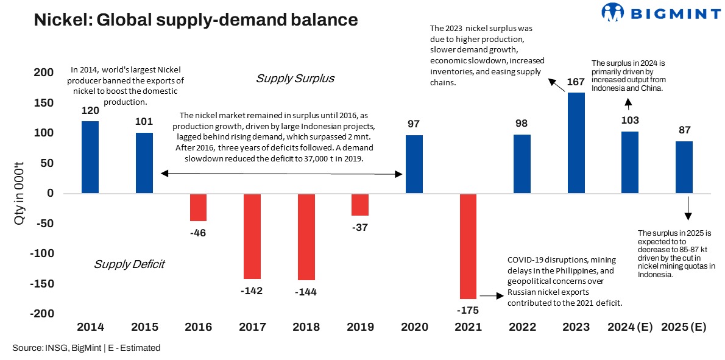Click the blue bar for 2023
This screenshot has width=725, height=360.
(576, 143)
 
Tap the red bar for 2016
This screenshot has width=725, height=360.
(198, 208)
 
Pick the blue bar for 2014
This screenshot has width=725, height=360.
(90, 158)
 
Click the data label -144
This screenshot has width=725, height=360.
(306, 292)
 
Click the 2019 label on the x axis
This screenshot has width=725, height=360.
(360, 327)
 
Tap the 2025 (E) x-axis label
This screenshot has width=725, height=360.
(684, 327)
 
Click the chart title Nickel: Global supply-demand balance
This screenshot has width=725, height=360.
(196, 19)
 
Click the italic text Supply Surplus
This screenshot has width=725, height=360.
(295, 79)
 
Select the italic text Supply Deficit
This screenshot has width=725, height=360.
(129, 264)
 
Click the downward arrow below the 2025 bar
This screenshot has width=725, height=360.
(688, 208)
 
